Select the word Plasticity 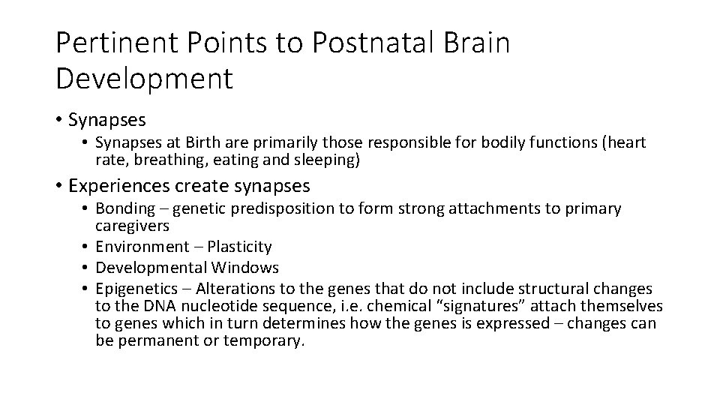tap(238, 246)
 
